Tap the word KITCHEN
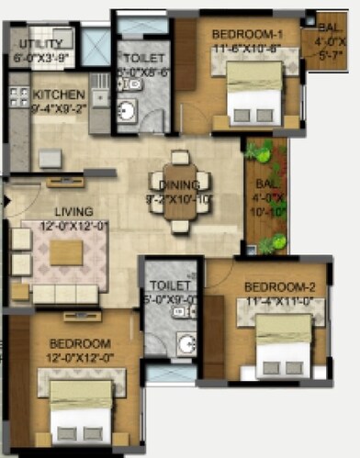click(60, 95)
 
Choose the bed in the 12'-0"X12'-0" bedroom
click(80, 412)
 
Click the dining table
click(180, 191)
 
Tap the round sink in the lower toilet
click(186, 345)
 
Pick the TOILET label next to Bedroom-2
click(169, 285)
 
